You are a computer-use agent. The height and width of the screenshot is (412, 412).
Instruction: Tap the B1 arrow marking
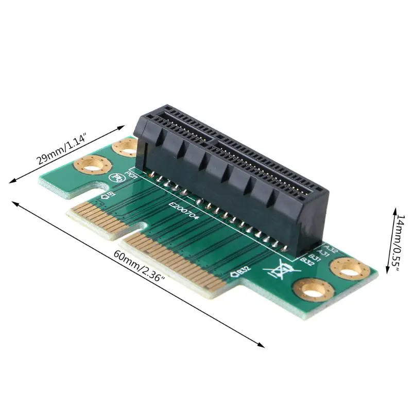click(109, 195)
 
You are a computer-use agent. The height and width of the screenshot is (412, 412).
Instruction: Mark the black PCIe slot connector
click(232, 170)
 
